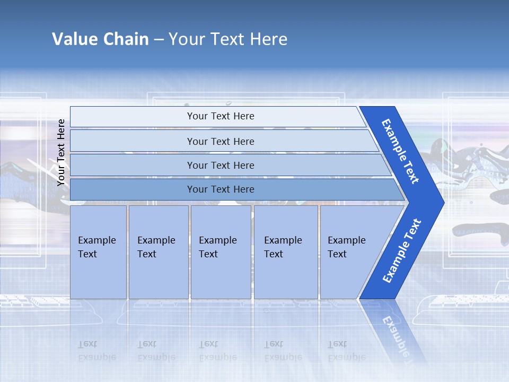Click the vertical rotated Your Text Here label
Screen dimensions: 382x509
click(61, 152)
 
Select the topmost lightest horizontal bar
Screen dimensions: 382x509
click(220, 116)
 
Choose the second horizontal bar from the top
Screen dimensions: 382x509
click(220, 141)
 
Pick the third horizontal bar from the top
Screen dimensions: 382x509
click(220, 165)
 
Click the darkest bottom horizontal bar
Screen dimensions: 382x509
click(220, 189)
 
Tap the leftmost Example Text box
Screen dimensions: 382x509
click(98, 252)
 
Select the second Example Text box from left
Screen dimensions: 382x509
click(158, 252)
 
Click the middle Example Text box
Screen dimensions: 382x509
click(221, 252)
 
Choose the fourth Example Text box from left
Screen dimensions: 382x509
click(286, 252)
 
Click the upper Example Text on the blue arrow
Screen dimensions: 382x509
click(401, 151)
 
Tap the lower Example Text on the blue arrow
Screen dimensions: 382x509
click(402, 250)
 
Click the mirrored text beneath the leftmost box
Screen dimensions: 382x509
click(96, 351)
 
